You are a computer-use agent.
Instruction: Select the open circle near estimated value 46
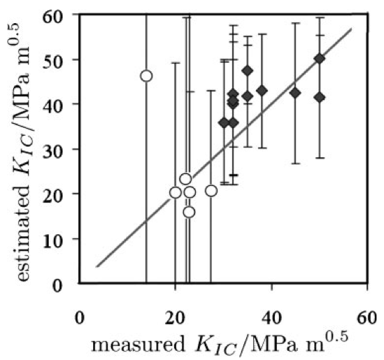[146, 75]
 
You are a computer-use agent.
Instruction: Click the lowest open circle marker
[189, 212]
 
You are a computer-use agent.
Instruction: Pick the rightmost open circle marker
[211, 191]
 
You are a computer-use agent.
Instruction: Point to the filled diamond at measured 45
[295, 93]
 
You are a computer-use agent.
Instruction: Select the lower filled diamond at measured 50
[319, 97]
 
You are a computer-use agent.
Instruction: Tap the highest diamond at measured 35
[247, 71]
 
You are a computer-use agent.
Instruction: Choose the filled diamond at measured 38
[262, 91]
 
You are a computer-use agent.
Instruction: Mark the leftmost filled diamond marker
[224, 122]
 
